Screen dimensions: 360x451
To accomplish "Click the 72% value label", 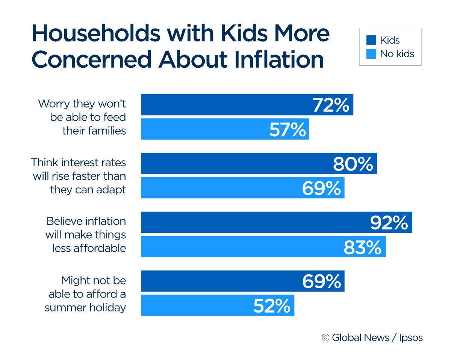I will tap(331, 105).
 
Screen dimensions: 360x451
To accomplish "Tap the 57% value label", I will tap(288, 129).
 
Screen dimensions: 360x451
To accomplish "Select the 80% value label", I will tap(353, 164).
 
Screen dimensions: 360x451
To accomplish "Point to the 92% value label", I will tap(389, 223).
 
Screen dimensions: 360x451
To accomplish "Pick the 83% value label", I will tap(362, 247).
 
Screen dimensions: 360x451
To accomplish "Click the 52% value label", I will tap(272, 306).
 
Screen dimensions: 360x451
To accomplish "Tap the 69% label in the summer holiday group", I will tap(322, 281).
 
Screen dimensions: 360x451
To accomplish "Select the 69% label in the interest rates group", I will tap(322, 188).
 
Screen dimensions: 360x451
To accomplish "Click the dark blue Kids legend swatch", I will tap(371, 40).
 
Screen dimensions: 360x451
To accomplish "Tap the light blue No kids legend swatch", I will tap(371, 54).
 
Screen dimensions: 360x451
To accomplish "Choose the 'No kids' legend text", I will tap(397, 54).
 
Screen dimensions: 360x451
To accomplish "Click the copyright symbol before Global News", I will tap(325, 338).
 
